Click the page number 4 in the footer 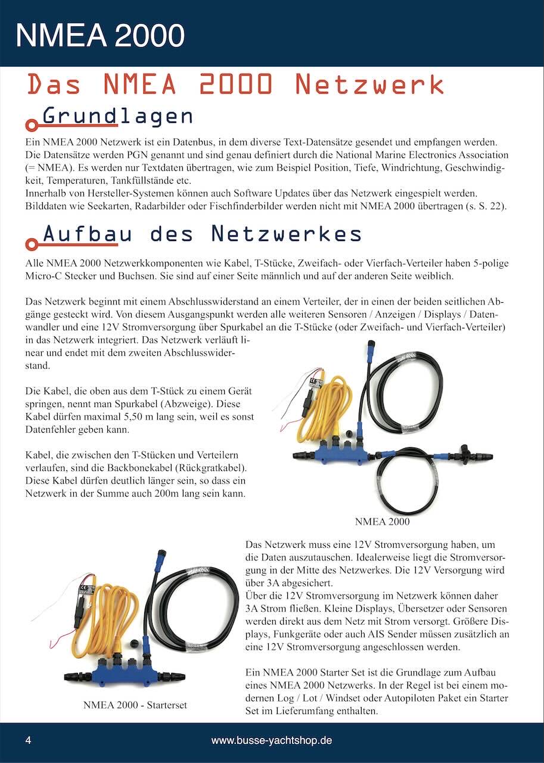[28, 741]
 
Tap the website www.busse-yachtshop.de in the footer [271, 741]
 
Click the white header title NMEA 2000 [100, 35]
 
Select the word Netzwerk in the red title [369, 85]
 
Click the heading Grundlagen [117, 116]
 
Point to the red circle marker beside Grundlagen [30, 126]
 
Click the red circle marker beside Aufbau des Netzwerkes [30, 244]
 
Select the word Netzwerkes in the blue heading [287, 234]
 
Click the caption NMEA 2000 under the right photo [382, 522]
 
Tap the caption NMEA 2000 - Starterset [135, 705]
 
